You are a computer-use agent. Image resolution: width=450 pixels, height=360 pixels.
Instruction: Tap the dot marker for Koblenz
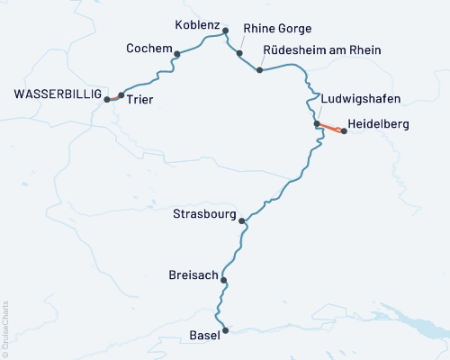click(x=225, y=30)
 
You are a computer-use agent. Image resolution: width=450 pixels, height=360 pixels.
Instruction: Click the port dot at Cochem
click(x=176, y=54)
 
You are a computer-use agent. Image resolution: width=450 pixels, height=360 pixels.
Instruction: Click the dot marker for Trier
click(x=121, y=95)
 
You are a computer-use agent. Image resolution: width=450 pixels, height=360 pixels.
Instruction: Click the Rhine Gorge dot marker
click(x=239, y=53)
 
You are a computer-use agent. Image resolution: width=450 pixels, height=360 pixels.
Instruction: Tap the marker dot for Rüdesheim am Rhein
click(x=259, y=69)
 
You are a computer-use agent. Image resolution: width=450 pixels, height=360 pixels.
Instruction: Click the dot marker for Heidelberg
click(x=344, y=131)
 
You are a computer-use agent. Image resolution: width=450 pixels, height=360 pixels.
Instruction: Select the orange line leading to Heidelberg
click(x=330, y=127)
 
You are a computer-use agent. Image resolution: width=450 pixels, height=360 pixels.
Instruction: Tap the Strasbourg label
click(x=205, y=215)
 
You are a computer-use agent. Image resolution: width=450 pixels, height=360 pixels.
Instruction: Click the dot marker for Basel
click(x=225, y=331)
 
